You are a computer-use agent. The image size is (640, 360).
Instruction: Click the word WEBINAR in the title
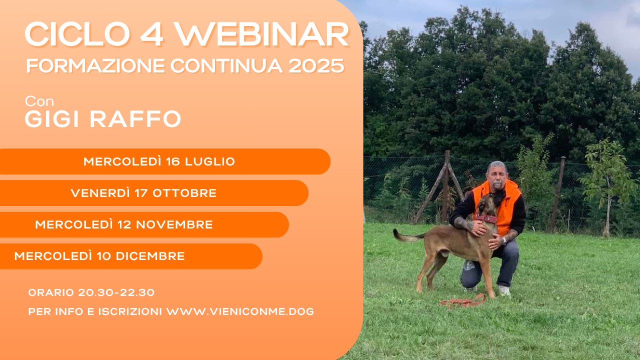click(261, 34)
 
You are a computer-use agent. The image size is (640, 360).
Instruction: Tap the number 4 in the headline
click(151, 34)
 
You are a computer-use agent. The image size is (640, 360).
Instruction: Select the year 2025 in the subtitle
click(316, 66)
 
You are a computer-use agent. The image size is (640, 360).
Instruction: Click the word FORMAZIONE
click(95, 66)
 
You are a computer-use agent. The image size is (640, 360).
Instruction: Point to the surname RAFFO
click(135, 119)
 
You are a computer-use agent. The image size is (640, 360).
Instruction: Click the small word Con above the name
click(39, 101)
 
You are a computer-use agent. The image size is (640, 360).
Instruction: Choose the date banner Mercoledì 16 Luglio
click(165, 161)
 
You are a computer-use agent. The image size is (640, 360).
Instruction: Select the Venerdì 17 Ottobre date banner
click(154, 193)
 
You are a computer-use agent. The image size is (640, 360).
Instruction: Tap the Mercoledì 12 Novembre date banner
click(144, 224)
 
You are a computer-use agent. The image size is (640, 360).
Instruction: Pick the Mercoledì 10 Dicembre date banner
click(131, 256)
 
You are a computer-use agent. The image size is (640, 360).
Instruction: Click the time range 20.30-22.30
click(116, 292)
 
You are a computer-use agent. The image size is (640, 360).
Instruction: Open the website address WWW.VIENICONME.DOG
click(240, 311)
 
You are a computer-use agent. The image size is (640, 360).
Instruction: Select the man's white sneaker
click(504, 290)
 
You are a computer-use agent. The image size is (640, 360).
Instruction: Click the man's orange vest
click(510, 205)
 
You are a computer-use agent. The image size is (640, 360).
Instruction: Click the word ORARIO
click(51, 292)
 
